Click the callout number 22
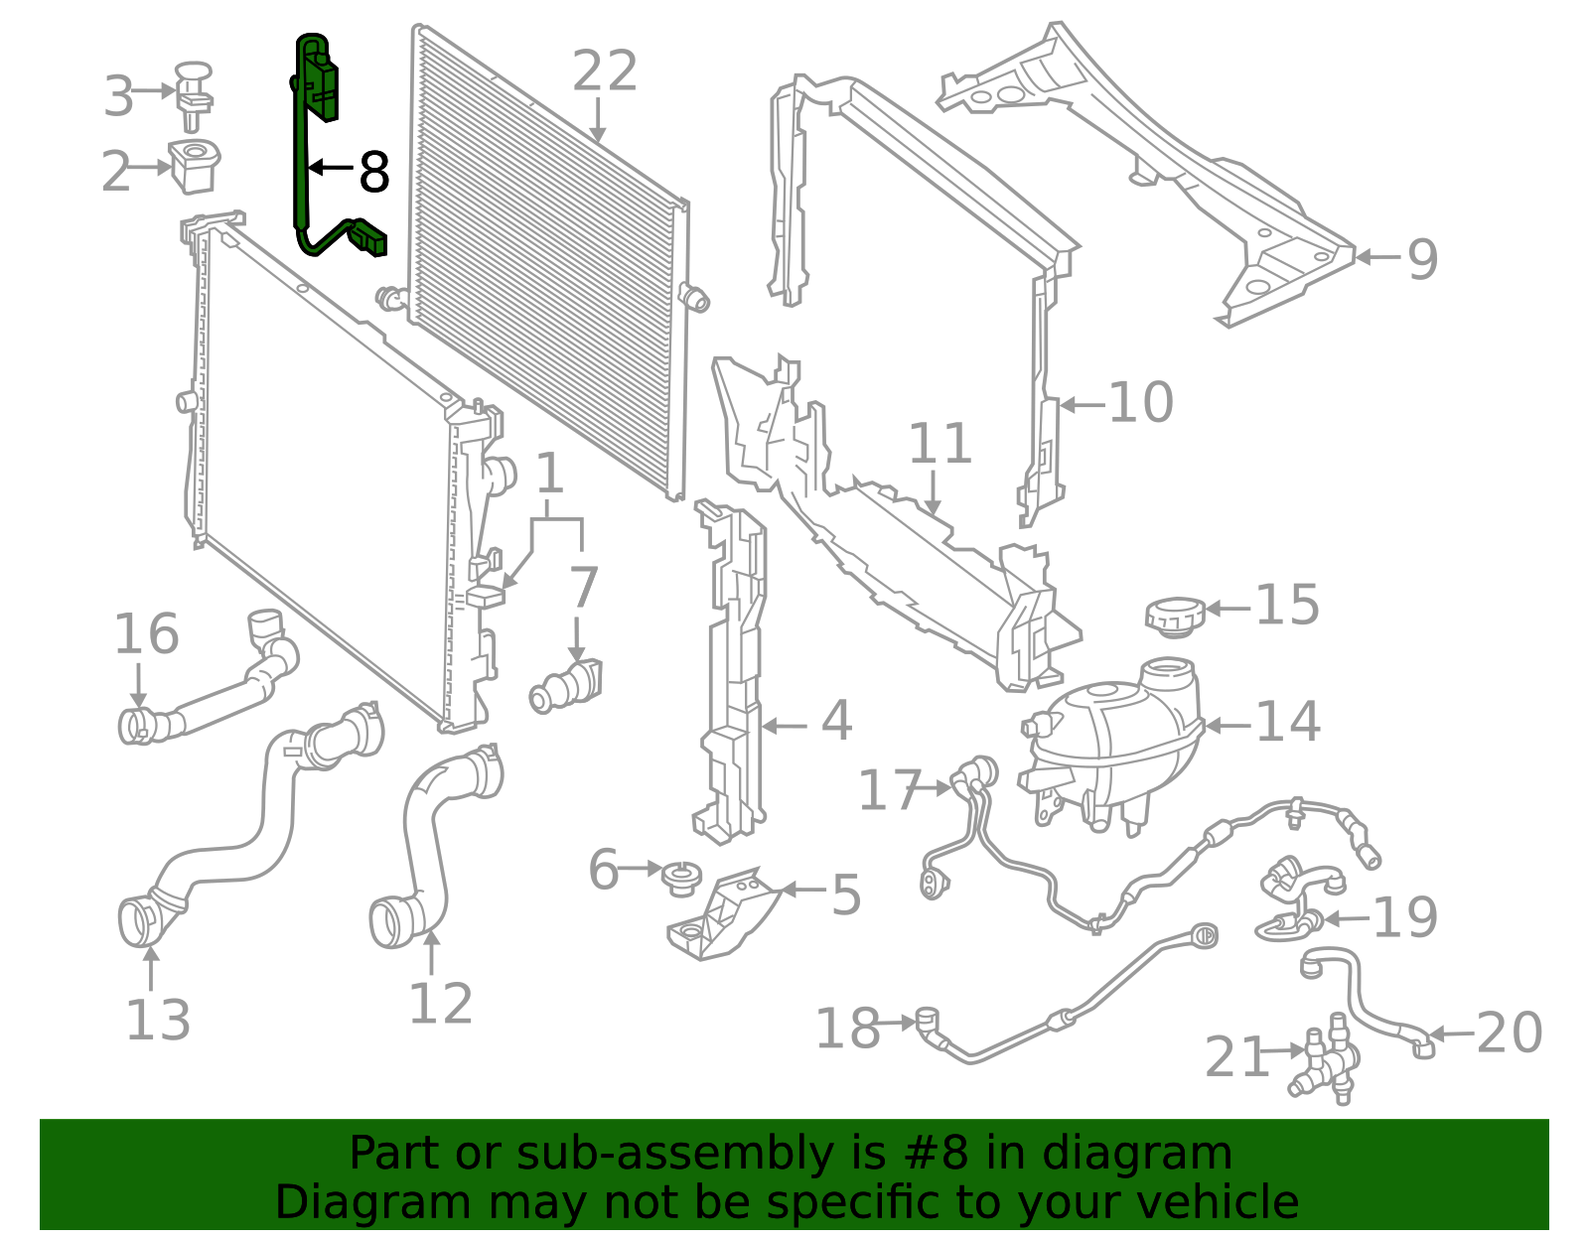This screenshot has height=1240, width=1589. pyautogui.click(x=604, y=71)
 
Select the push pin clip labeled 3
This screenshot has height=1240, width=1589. pyautogui.click(x=194, y=94)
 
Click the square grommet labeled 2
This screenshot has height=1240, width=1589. pyautogui.click(x=194, y=166)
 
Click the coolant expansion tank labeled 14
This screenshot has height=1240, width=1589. pyautogui.click(x=1112, y=745)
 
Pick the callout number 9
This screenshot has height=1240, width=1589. pyautogui.click(x=1422, y=259)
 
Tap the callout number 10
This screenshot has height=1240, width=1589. pyautogui.click(x=1140, y=403)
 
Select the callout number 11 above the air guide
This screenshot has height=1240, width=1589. pyautogui.click(x=939, y=444)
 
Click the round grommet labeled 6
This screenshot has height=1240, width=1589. pyautogui.click(x=682, y=878)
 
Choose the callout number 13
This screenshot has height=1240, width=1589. pyautogui.click(x=157, y=1021)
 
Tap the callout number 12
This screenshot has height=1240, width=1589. pyautogui.click(x=440, y=1004)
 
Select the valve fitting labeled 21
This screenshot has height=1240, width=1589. pyautogui.click(x=1326, y=1067)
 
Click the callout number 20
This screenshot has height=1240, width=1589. pyautogui.click(x=1509, y=1033)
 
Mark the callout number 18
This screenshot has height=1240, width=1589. pyautogui.click(x=847, y=1028)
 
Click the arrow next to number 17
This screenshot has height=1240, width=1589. pyautogui.click(x=936, y=788)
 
